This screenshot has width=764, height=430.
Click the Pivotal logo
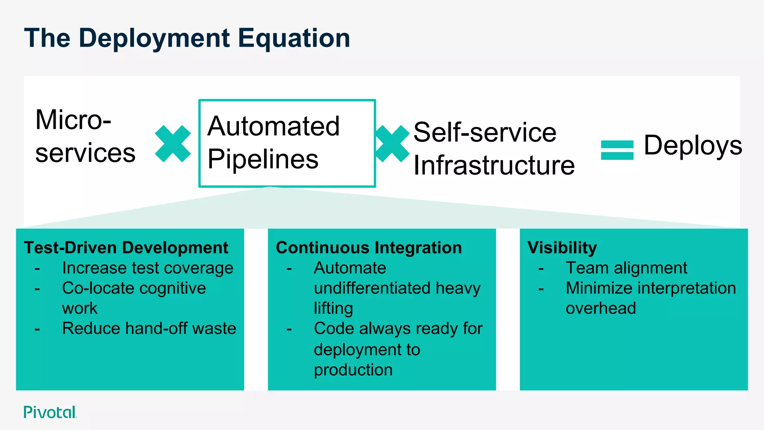(x=50, y=412)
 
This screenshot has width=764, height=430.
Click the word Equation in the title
(x=294, y=38)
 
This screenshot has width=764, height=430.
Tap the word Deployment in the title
(x=154, y=38)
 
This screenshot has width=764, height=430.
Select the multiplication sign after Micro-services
(x=173, y=144)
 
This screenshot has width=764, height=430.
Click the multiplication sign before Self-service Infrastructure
(x=392, y=144)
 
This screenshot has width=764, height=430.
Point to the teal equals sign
(x=617, y=150)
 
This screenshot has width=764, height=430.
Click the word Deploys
(x=693, y=146)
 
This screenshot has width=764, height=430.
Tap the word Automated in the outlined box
(x=273, y=126)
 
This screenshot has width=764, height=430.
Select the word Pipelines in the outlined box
(x=263, y=159)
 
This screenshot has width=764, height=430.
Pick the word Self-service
(x=485, y=132)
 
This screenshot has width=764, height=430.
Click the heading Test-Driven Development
(x=126, y=248)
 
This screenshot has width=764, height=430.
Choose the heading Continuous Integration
(x=369, y=248)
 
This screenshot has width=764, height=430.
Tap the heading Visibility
(x=562, y=248)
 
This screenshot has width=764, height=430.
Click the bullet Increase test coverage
(x=148, y=268)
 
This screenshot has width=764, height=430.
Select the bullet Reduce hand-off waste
(x=149, y=328)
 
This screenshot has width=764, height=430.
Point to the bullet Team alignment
(x=626, y=268)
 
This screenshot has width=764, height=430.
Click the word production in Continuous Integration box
(x=353, y=370)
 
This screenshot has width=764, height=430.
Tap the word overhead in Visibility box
(x=601, y=308)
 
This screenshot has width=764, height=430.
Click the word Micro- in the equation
(x=73, y=120)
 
